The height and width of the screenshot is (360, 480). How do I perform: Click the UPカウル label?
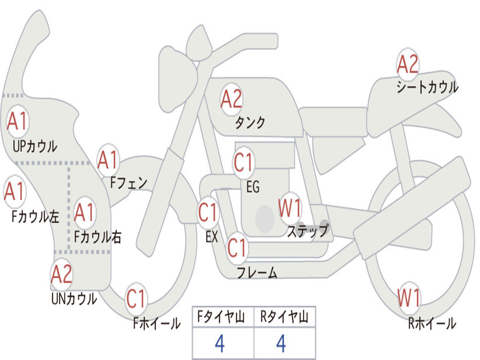click(35, 146)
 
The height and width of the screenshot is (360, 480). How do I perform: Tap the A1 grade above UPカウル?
click(17, 121)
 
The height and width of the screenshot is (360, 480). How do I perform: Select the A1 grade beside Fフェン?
click(108, 160)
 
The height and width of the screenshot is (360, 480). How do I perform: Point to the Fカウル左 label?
click(35, 217)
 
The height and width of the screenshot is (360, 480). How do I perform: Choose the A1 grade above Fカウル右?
click(84, 212)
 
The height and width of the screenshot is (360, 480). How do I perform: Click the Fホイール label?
click(157, 323)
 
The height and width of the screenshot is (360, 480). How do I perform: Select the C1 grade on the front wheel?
click(136, 299)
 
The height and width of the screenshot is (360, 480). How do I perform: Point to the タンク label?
click(250, 122)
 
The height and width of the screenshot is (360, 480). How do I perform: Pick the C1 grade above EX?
click(208, 212)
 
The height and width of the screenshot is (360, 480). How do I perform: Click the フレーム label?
click(257, 272)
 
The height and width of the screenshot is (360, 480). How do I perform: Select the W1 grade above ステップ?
click(290, 208)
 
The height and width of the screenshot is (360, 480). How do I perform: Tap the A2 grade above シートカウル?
click(407, 64)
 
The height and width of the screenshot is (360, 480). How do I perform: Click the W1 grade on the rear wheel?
click(409, 298)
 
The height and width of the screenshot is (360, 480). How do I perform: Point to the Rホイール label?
click(432, 323)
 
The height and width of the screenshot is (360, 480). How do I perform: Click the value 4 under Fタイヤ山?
click(220, 344)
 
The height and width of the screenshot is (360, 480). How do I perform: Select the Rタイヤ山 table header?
click(285, 317)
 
